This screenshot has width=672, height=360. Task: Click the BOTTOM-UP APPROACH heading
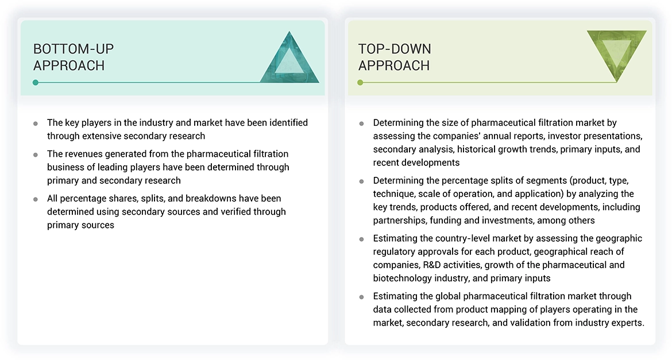click(74, 57)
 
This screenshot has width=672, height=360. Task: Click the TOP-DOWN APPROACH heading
click(395, 57)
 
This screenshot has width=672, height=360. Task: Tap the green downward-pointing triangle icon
click(617, 56)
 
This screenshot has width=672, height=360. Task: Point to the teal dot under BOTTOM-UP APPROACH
click(36, 82)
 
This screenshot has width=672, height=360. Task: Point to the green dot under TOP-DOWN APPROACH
click(360, 82)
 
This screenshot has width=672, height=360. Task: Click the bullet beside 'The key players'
click(36, 123)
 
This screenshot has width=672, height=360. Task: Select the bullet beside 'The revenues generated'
click(36, 154)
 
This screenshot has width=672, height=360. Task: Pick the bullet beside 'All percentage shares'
click(36, 199)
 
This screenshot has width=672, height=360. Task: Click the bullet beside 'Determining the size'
click(361, 123)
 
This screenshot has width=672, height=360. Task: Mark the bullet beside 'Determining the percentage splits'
click(361, 181)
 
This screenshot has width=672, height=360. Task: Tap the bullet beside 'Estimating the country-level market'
click(361, 239)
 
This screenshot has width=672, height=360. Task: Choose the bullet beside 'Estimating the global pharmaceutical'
click(361, 297)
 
